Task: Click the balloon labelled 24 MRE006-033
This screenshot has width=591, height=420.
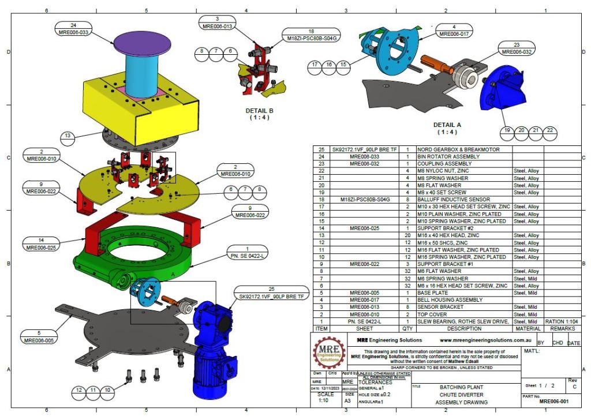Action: [x=74, y=29]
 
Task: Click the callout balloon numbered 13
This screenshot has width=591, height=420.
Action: [x=68, y=136]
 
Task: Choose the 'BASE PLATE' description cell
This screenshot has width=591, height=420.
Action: [x=436, y=292]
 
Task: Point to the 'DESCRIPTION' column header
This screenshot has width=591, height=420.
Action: [x=463, y=328]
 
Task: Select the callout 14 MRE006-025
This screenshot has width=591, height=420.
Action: [x=42, y=243]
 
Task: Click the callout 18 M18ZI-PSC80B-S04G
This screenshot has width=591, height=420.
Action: [x=311, y=35]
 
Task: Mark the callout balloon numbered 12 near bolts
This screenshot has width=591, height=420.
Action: [x=78, y=391]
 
